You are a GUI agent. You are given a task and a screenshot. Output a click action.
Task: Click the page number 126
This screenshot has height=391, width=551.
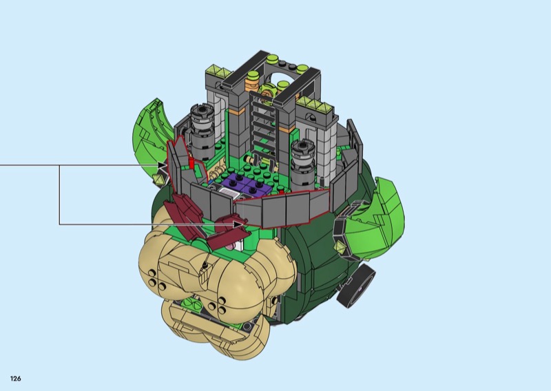coord(15,379)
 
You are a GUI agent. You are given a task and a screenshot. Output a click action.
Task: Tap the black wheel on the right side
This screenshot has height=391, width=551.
coord(355,284)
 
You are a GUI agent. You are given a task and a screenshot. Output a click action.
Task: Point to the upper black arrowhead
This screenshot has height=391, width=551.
coord(163,165)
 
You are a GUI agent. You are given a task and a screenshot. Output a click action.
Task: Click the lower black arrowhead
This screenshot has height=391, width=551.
coord(239,224)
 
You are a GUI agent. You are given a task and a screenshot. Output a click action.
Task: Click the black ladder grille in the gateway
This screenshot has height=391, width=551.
coord(264,127)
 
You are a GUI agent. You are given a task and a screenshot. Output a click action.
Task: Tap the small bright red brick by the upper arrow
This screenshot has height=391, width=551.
coord(191,163)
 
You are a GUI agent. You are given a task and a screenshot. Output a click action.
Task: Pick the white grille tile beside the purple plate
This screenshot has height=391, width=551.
coord(229,193)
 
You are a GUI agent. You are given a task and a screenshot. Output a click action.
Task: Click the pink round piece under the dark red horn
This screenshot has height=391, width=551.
coord(230,247)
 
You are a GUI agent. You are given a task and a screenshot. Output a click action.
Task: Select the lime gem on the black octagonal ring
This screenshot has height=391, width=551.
coord(340,246)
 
